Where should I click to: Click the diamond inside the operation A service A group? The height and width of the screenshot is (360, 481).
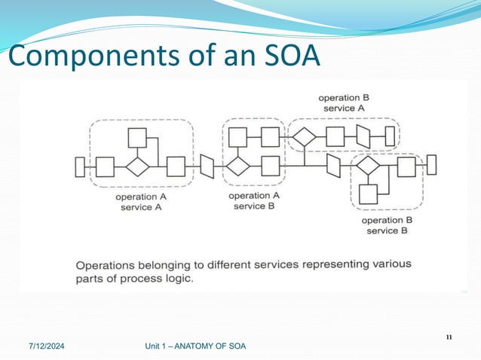pyautogui.click(x=136, y=166)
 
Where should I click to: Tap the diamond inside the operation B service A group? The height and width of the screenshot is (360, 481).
pyautogui.click(x=304, y=137)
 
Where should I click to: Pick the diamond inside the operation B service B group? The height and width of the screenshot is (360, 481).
pyautogui.click(x=368, y=166)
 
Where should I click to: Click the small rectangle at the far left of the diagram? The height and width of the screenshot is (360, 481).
pyautogui.click(x=80, y=166)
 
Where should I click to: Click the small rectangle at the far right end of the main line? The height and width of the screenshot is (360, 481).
pyautogui.click(x=430, y=164)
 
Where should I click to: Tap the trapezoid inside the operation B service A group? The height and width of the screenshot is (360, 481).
pyautogui.click(x=363, y=137)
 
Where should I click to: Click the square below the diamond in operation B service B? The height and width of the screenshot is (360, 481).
pyautogui.click(x=368, y=194)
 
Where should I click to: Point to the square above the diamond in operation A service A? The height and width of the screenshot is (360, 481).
pyautogui.click(x=136, y=138)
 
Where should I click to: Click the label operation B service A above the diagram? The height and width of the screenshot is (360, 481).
pyautogui.click(x=344, y=103)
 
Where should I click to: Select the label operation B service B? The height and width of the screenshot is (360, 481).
pyautogui.click(x=387, y=225)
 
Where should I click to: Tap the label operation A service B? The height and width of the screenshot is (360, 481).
pyautogui.click(x=254, y=200)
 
